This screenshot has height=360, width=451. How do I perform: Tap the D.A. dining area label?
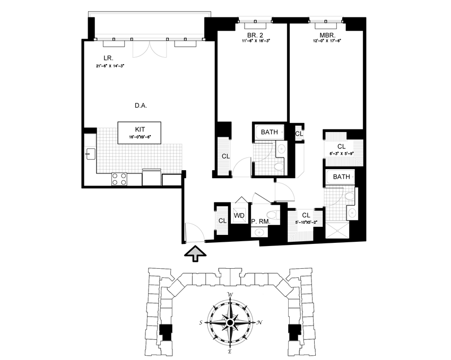tap(140, 106)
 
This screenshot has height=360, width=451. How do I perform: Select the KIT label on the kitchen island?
tap(140, 129)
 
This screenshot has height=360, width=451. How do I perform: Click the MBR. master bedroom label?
tap(326, 37)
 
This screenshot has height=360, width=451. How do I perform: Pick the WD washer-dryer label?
tap(239, 216)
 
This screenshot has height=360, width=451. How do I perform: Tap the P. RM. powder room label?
tap(261, 223)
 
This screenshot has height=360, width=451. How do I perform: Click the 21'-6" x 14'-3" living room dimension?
tap(114, 66)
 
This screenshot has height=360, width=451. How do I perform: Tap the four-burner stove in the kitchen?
tap(119, 179)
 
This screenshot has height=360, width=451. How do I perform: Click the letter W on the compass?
tap(230, 295)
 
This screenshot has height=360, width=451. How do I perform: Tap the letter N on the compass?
tap(259, 322)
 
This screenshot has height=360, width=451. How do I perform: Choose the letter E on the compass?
tap(230, 350)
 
